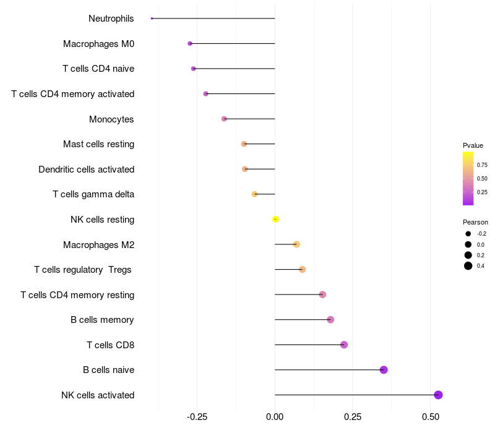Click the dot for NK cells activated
[438, 395]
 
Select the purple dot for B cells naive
[384, 370]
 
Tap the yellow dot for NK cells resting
[275, 219]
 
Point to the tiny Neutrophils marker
[152, 19]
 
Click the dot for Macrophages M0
[190, 43]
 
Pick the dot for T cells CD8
[344, 345]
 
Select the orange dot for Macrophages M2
[296, 244]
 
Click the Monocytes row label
[111, 119]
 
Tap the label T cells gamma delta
[93, 194]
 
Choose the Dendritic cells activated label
[86, 169]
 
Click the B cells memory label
[102, 320]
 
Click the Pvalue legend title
[473, 145]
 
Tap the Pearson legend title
[475, 222]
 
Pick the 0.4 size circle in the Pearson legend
[468, 266]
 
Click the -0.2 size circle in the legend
[468, 234]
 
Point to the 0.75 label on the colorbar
[482, 165]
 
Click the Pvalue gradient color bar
[468, 178]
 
